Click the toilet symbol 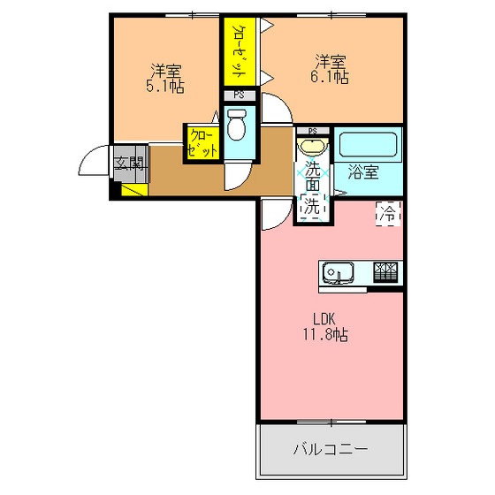(237, 125)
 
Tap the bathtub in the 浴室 (368, 145)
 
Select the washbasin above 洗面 (313, 146)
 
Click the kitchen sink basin (338, 272)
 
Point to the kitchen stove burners (385, 271)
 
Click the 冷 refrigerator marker (388, 214)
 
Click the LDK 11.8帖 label (326, 327)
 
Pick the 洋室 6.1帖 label (330, 69)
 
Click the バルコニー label (331, 448)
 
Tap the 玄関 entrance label (129, 163)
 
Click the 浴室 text (363, 172)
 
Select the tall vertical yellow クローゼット (240, 51)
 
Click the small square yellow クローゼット (202, 143)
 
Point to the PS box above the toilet (240, 95)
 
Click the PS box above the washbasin (313, 131)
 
